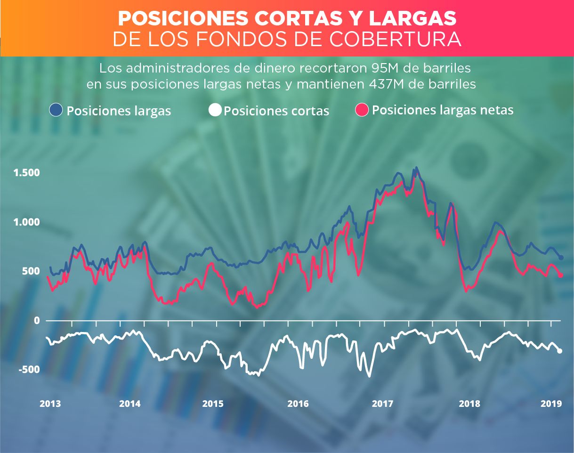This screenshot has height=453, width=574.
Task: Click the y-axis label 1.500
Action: pos(27,173)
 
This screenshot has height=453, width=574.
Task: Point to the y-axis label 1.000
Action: pos(27,222)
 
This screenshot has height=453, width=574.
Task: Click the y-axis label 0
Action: pos(36,321)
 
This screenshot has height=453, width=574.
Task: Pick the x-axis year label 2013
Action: pos(50,404)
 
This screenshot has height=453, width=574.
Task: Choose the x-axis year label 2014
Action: pos(130,404)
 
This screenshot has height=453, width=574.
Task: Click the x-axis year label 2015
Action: pos(213,404)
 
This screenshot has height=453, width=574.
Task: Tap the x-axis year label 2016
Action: pos(298,404)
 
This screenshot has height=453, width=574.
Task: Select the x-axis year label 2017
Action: pos(382,404)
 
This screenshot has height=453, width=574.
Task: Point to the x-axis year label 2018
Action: pos(469,404)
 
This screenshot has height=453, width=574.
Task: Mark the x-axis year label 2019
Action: pos(550,404)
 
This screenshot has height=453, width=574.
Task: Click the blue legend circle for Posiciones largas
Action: pos(56,110)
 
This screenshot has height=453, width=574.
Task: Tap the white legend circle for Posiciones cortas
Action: pos(215,110)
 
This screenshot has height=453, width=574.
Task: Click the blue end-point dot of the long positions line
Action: pos(561,258)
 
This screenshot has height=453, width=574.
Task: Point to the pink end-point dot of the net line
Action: pos(560,275)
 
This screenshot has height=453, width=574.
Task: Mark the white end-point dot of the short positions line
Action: pos(560,351)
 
